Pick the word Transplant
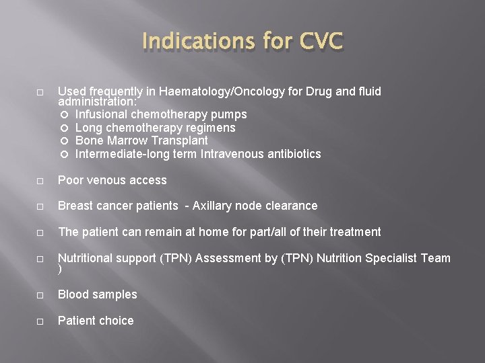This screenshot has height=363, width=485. coord(180,141)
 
